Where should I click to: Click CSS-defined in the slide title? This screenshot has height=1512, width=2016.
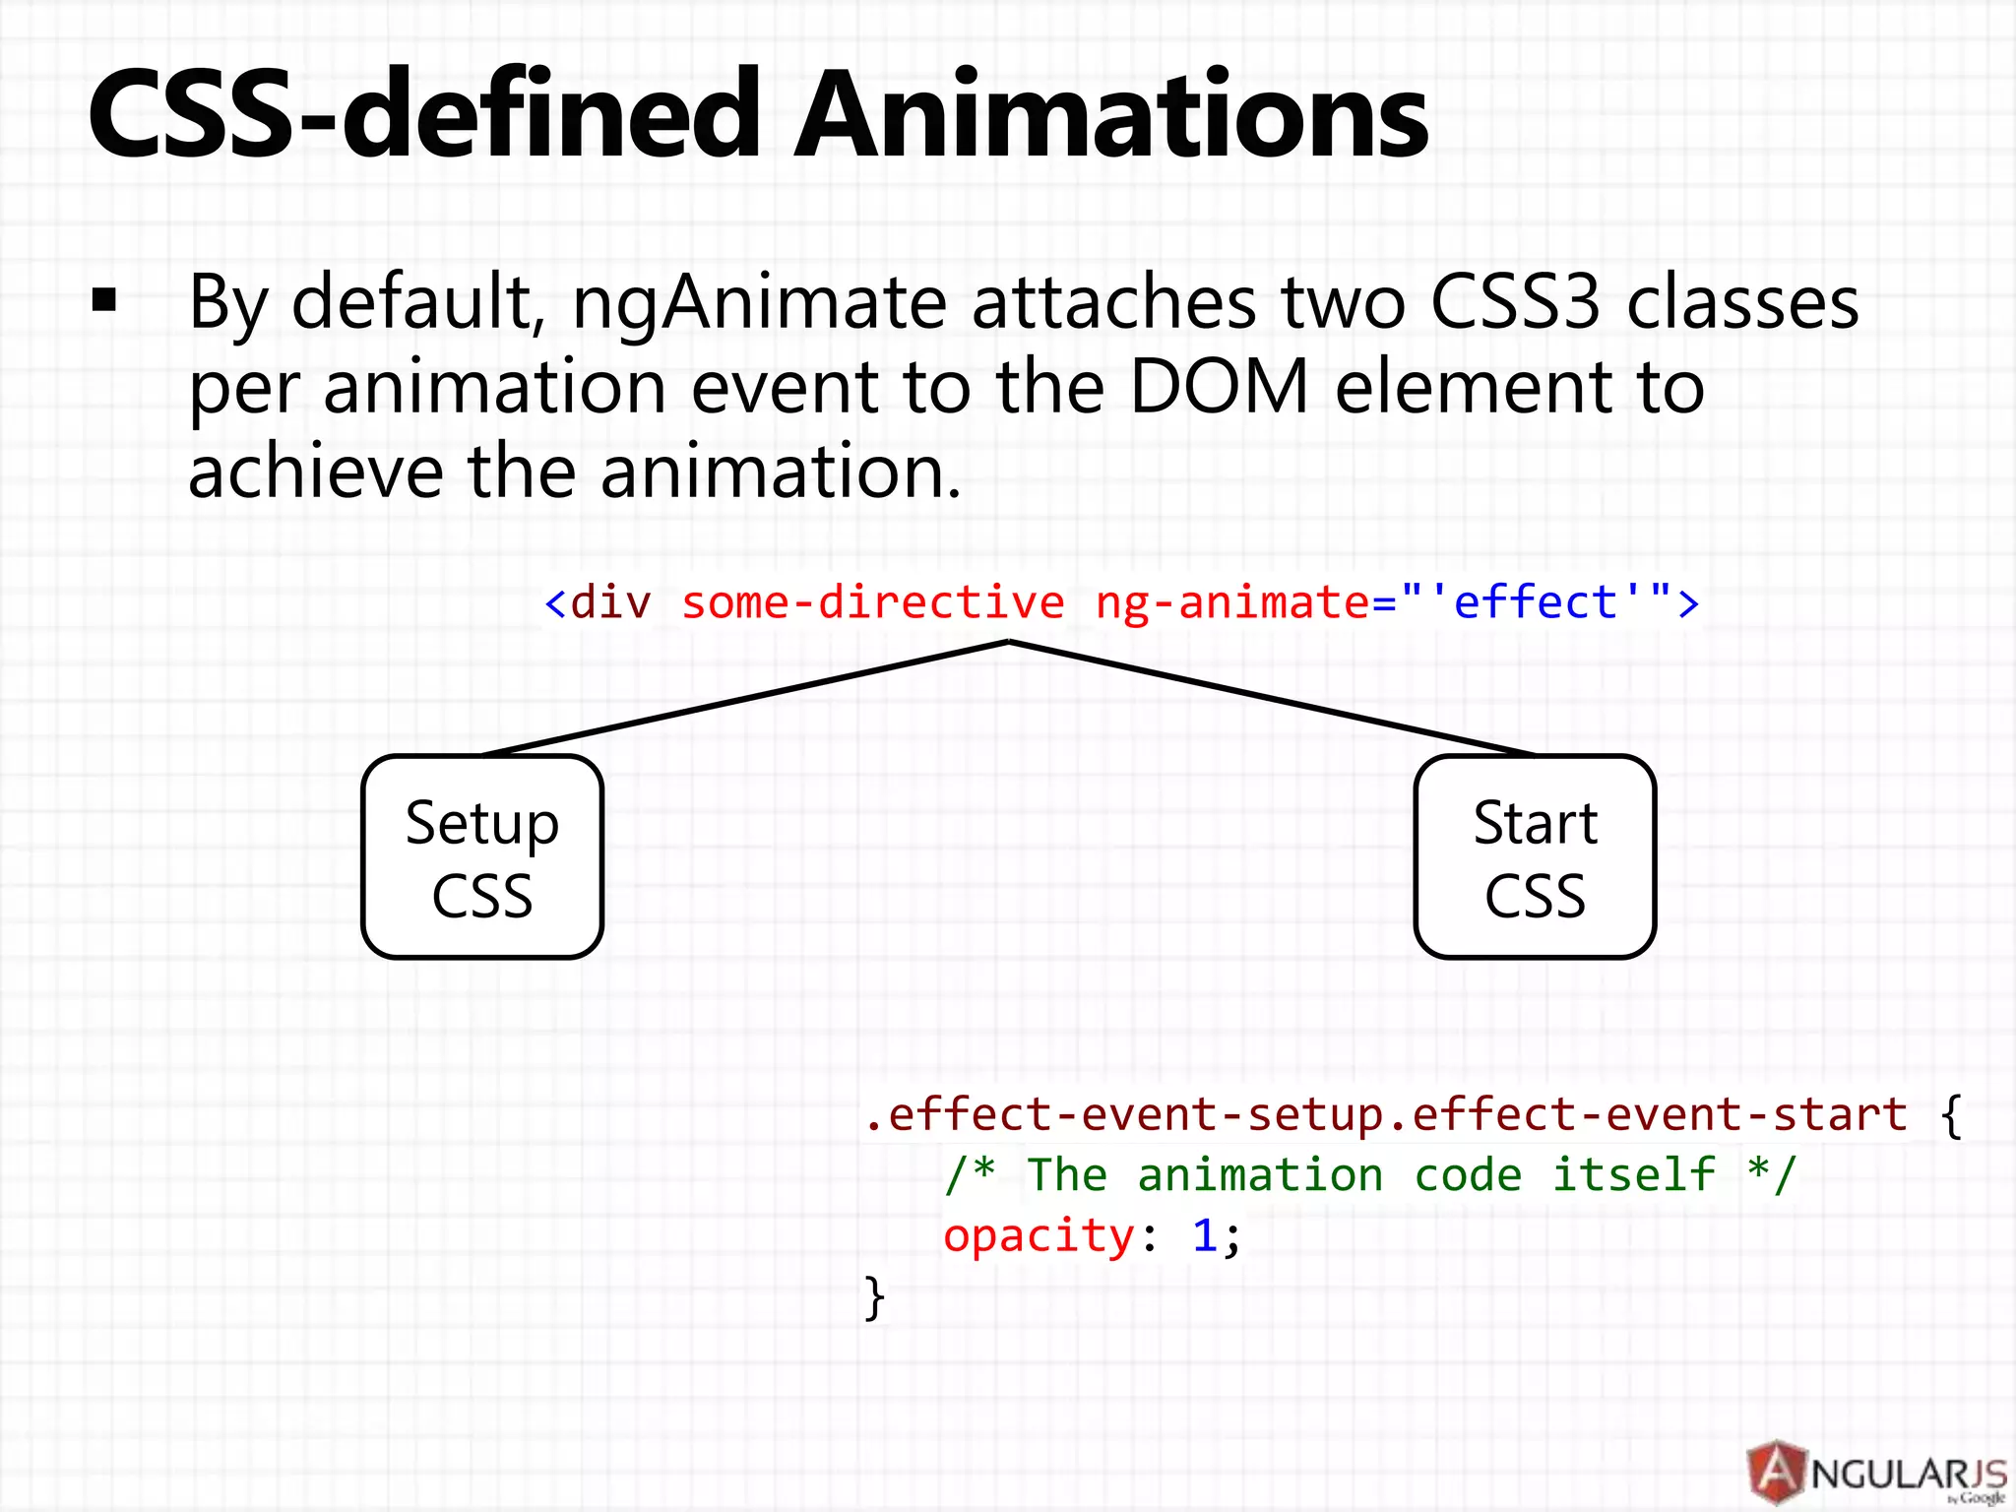coord(423,116)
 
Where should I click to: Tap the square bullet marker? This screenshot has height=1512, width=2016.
coord(104,300)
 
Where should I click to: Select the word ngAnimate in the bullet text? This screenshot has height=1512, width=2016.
coord(758,303)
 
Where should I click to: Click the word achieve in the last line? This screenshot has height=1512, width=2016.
coord(315,472)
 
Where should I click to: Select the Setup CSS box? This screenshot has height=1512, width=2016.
coord(482,856)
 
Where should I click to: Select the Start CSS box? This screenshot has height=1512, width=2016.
coord(1535,856)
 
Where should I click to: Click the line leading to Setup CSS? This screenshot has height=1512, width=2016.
coord(745,699)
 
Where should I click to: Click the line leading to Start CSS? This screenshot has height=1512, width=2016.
coord(1272,699)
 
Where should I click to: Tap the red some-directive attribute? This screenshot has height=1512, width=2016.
coord(872,602)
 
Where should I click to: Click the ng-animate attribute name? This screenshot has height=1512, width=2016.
coord(1231,602)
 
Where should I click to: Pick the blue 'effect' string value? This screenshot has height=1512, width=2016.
coord(1536,602)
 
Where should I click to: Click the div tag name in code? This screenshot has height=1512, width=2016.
coord(610,602)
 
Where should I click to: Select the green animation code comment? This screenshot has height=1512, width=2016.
coord(1369,1175)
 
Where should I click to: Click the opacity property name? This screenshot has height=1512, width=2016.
coord(1039,1236)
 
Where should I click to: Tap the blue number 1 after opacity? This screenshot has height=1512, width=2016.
coord(1204,1235)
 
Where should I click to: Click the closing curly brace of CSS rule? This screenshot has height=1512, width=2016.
coord(874,1297)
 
